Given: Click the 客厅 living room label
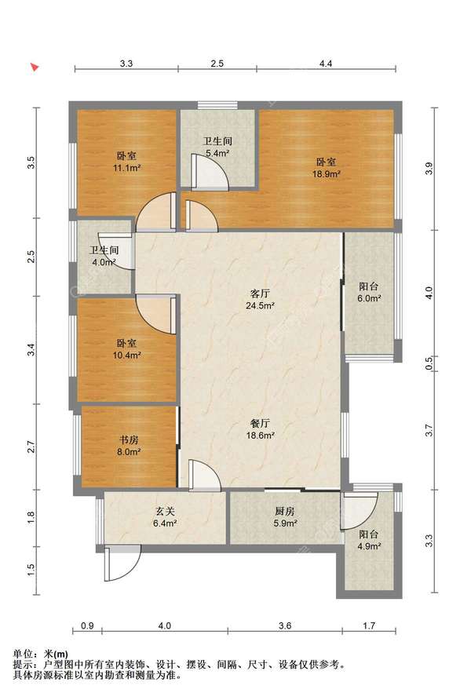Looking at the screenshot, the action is click(x=260, y=293).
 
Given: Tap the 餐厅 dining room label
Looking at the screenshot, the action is click(x=260, y=423).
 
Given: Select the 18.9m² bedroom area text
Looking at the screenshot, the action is click(x=327, y=174).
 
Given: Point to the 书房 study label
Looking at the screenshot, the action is click(x=128, y=439).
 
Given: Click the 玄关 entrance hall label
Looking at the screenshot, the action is click(x=165, y=511).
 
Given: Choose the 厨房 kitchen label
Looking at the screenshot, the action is click(x=285, y=511).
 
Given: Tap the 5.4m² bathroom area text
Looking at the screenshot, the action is click(x=217, y=154).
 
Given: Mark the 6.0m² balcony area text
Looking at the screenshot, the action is click(x=369, y=299).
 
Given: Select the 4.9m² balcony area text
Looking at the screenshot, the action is click(x=369, y=546).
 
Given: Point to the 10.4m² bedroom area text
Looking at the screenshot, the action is click(x=127, y=355).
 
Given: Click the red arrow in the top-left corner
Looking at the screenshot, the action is click(x=35, y=67).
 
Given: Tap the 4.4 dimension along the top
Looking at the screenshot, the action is click(x=326, y=64).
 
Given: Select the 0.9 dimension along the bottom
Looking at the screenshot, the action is click(x=87, y=626).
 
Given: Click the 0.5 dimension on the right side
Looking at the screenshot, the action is click(x=429, y=364).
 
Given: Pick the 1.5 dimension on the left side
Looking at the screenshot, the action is click(x=31, y=570).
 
